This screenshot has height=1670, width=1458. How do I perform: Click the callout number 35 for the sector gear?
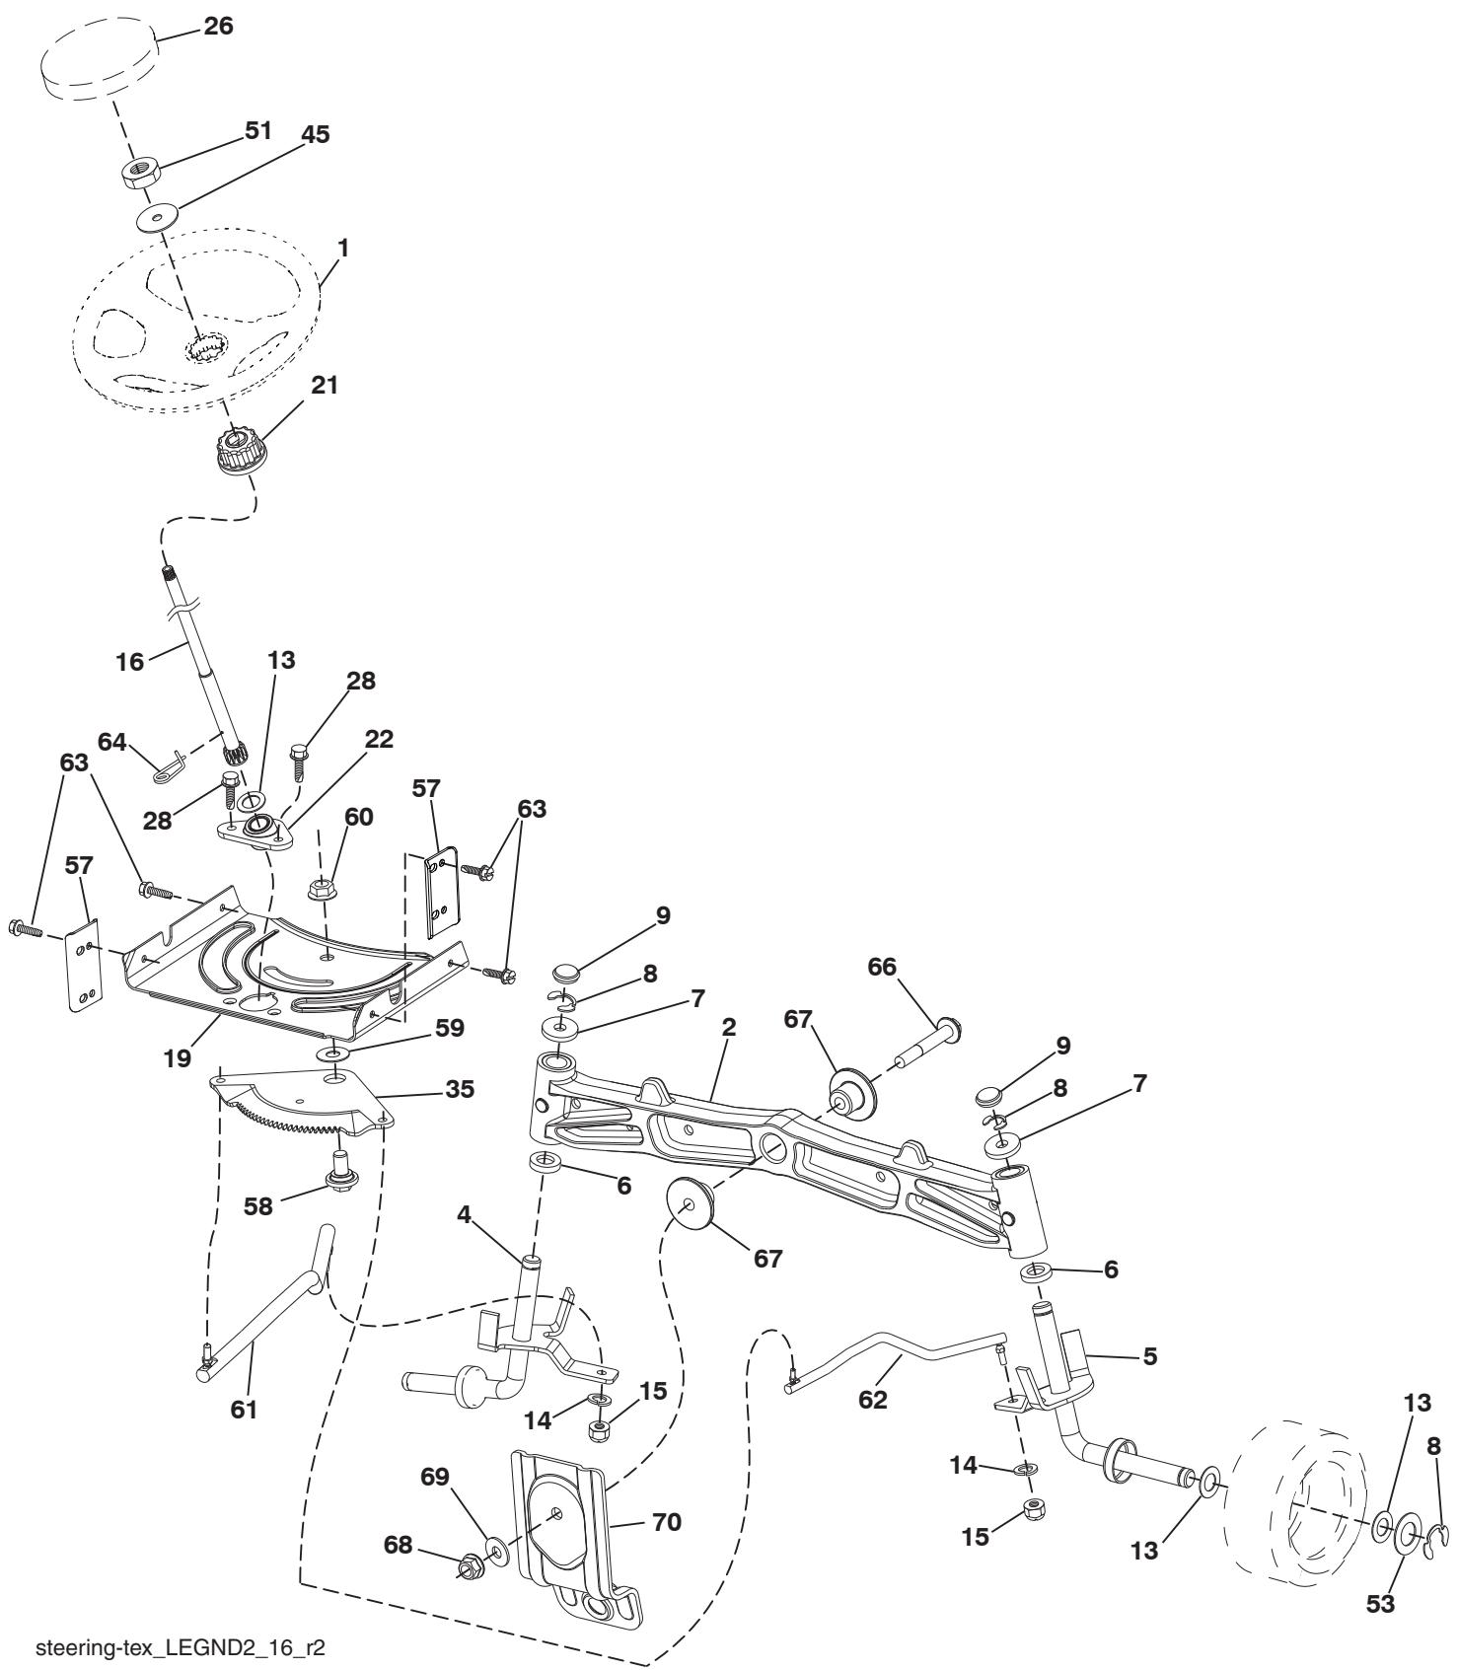(x=458, y=1089)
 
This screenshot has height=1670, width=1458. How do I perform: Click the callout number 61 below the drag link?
(x=244, y=1410)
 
